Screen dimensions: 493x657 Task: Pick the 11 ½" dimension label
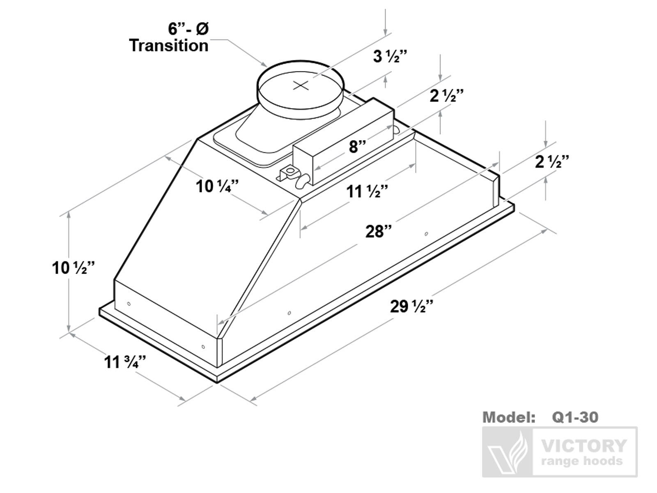coord(367,191)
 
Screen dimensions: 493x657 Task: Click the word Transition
coord(169,45)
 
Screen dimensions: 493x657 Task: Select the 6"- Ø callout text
coord(188,29)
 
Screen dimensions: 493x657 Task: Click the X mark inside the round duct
coord(301,85)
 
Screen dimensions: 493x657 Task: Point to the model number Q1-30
coord(575,417)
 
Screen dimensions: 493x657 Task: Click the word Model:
coord(509,417)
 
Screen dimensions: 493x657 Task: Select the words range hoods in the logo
coord(582,461)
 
